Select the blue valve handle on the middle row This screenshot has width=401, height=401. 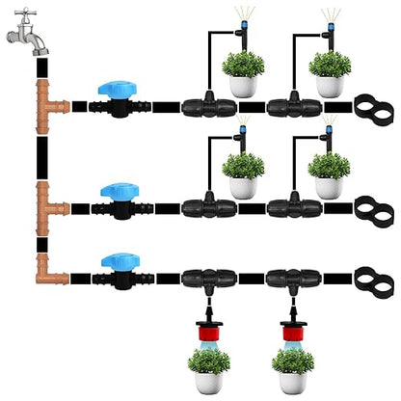120,192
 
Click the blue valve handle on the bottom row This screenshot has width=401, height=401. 119,262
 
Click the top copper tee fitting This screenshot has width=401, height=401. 49,101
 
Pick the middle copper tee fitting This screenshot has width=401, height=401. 49,203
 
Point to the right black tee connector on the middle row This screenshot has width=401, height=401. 290,205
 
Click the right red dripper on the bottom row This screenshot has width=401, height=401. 291,318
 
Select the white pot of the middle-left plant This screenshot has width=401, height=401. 244,188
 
